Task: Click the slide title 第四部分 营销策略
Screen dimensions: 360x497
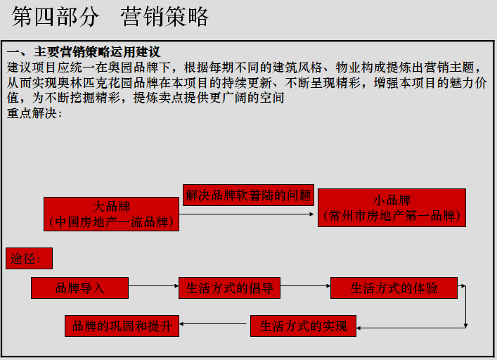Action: coord(110,17)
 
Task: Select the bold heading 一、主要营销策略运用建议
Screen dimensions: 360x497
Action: coord(83,53)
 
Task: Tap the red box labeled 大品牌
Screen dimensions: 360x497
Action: coord(111,214)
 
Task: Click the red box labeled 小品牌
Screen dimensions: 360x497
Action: coord(392,207)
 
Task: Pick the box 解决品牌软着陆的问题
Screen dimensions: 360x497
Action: coord(248,195)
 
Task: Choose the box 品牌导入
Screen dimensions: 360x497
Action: coord(79,288)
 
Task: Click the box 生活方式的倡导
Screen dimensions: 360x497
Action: coord(229,288)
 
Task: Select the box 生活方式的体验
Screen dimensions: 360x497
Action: coord(394,288)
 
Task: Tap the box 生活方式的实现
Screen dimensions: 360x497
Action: coord(303,326)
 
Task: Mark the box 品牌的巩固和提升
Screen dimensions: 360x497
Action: coord(122,326)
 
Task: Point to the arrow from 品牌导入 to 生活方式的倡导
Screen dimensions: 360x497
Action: coord(154,287)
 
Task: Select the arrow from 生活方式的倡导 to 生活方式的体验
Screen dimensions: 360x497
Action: coord(305,287)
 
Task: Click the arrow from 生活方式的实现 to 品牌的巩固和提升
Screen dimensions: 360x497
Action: coord(215,324)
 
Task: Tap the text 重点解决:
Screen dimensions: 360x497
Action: coord(30,114)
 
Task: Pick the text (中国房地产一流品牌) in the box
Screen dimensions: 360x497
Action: coord(111,222)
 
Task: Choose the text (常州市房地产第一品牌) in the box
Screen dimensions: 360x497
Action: coord(392,217)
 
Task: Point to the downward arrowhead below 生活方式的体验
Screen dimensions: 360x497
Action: coord(466,324)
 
